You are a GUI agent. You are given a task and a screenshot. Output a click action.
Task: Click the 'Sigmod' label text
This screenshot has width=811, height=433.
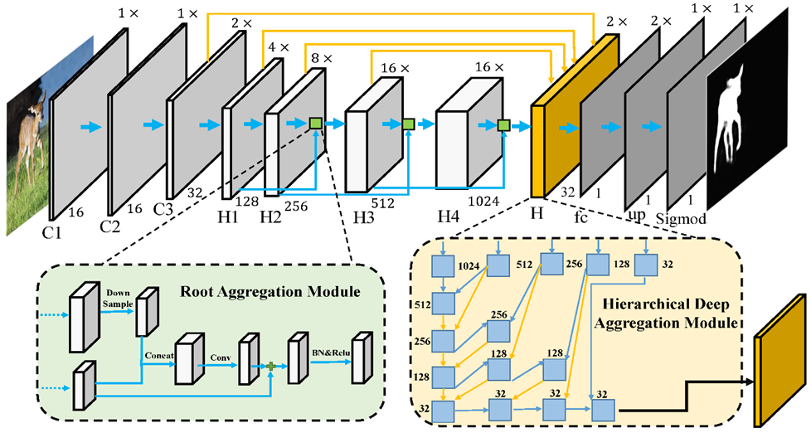tap(675, 218)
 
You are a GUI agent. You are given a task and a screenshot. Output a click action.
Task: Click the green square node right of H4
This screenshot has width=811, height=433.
tap(502, 125)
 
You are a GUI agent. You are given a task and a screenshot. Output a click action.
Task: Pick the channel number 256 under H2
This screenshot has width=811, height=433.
tap(296, 207)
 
